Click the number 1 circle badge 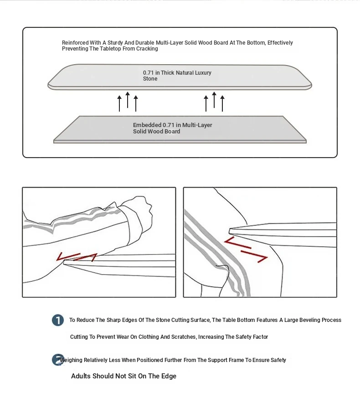pyautogui.click(x=58, y=320)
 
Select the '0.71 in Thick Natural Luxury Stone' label pyautogui.click(x=177, y=76)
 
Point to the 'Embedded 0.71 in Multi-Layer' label pyautogui.click(x=172, y=125)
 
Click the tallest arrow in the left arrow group pyautogui.click(x=128, y=100)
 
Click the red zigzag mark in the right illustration pyautogui.click(x=247, y=250)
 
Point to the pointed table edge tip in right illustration pyautogui.click(x=231, y=230)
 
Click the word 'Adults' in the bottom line pyautogui.click(x=81, y=376)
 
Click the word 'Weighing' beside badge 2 pyautogui.click(x=72, y=360)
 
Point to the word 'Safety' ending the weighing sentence pyautogui.click(x=278, y=360)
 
